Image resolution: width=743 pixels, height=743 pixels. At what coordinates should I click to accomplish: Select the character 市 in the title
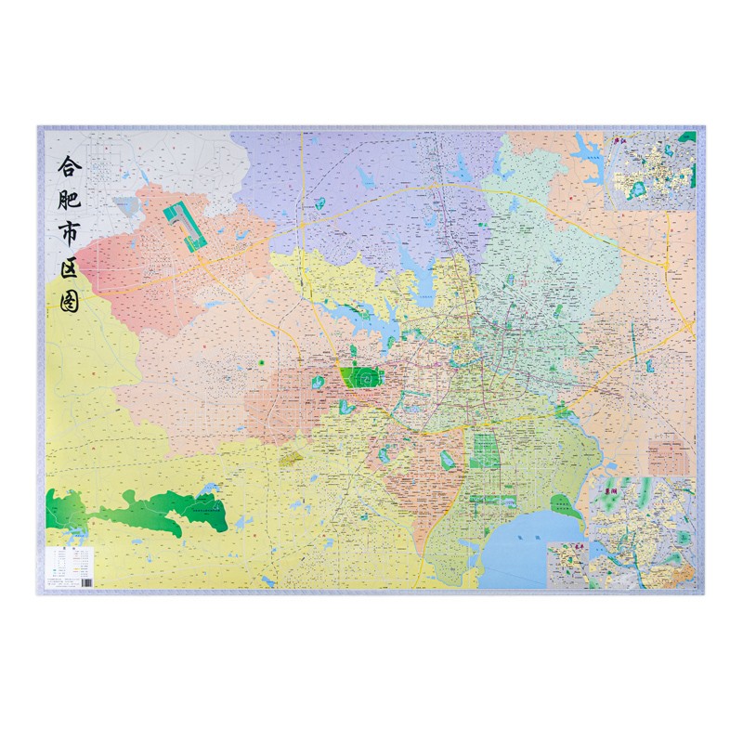click(x=69, y=240)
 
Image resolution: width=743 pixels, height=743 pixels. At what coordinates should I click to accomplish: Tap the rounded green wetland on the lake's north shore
click(x=565, y=506)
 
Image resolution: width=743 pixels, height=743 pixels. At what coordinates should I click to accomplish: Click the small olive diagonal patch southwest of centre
click(x=290, y=455)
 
